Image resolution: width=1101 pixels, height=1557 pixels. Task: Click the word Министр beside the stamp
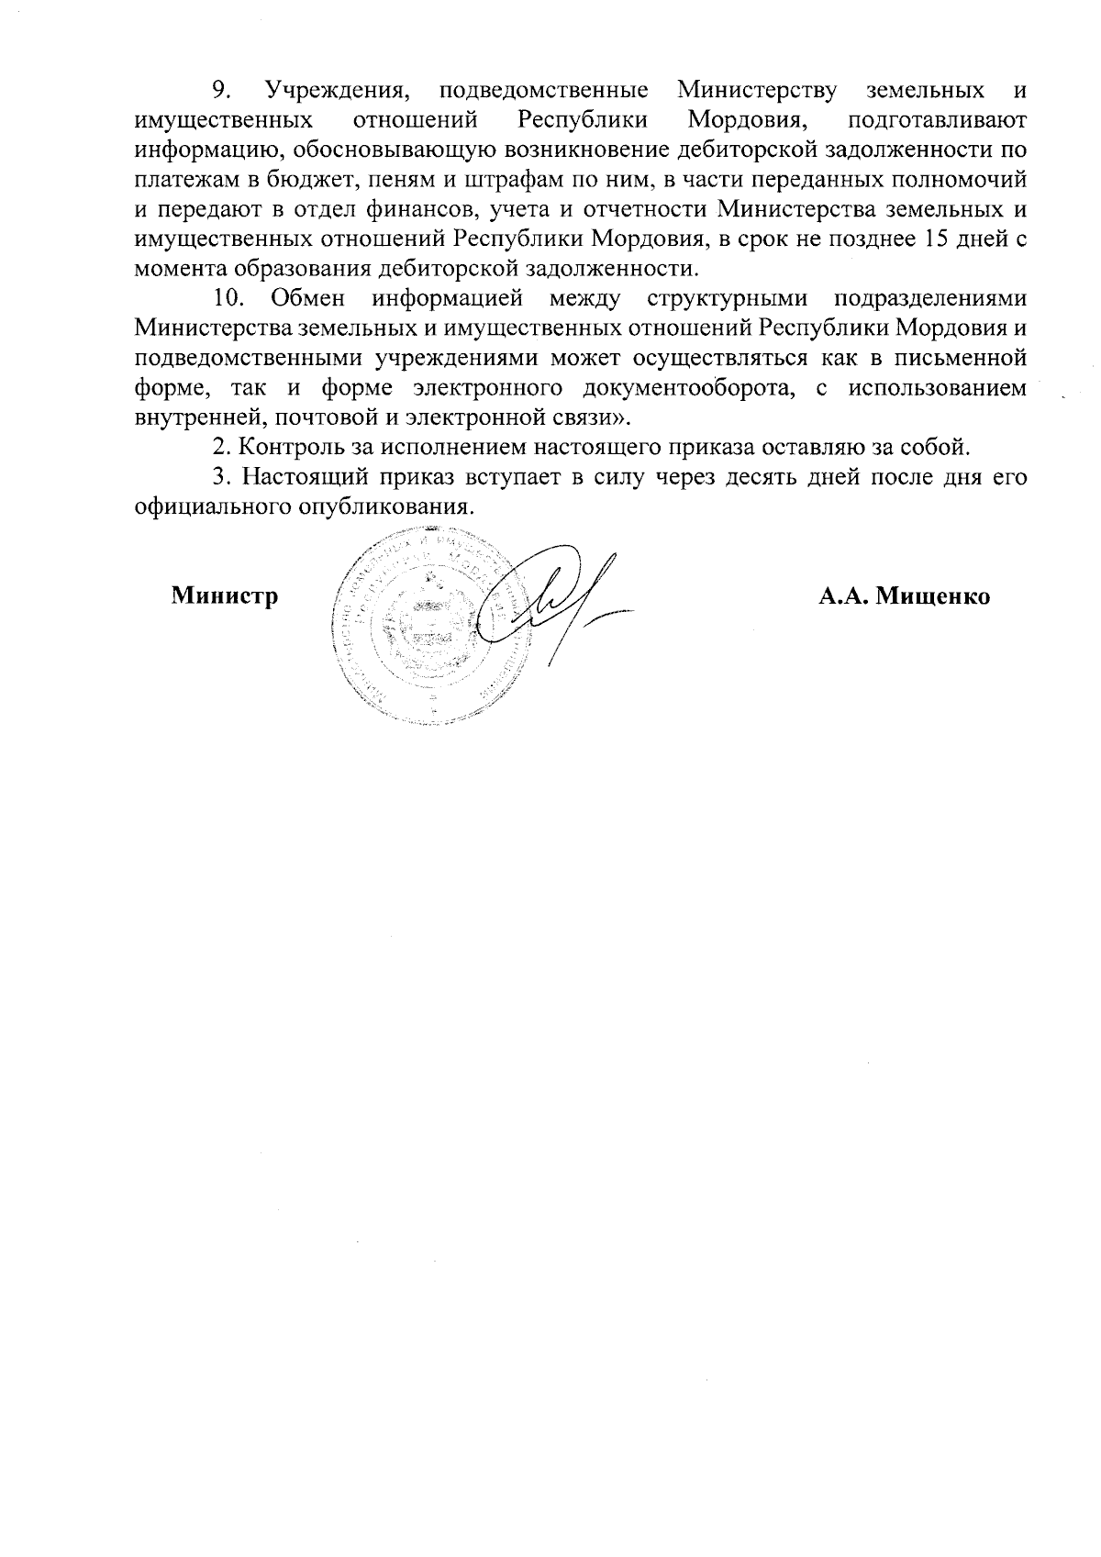[x=225, y=596]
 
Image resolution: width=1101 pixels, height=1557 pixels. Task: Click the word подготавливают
[x=937, y=120]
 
